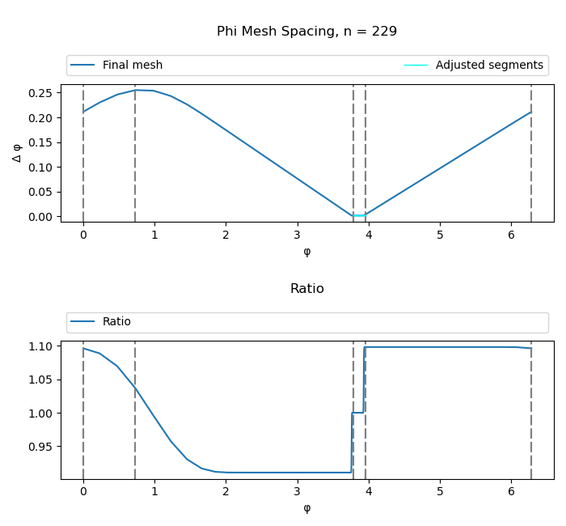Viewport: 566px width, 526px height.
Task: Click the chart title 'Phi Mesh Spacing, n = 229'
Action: (x=306, y=32)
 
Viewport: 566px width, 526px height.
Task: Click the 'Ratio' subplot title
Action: (x=306, y=289)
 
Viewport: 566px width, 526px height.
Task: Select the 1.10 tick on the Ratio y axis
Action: (x=40, y=346)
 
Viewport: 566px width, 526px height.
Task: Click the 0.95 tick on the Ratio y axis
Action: (x=40, y=447)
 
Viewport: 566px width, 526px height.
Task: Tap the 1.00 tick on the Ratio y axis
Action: (x=40, y=414)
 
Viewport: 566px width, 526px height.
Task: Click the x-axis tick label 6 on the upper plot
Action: (x=511, y=235)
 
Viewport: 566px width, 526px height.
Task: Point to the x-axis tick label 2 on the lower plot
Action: (x=226, y=491)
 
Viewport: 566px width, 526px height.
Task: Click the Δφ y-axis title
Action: (x=17, y=153)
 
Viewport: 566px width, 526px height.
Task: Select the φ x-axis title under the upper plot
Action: (x=306, y=251)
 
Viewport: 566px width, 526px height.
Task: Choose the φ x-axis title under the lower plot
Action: (x=306, y=508)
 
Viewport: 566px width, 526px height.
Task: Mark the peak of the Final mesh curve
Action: (x=136, y=90)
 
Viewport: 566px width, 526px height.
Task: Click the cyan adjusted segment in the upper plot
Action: (x=359, y=215)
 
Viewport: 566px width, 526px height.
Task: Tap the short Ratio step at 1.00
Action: (x=357, y=413)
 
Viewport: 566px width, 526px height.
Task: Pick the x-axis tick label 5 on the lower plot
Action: (x=440, y=491)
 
